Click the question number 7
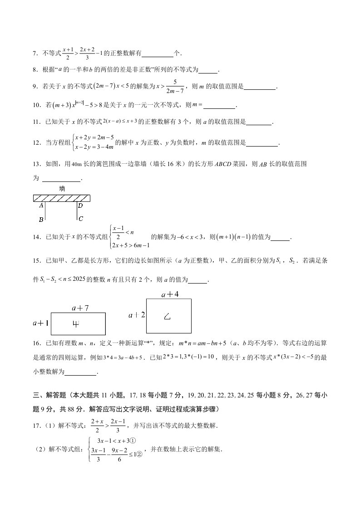35,54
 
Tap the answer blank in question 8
208,70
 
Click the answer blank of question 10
220,106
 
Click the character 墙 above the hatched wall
62,188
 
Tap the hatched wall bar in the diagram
62,198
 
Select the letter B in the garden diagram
41,220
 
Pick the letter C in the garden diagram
80,219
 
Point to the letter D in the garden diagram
80,206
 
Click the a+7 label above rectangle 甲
80,308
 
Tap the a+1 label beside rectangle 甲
40,323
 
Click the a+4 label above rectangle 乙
170,294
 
